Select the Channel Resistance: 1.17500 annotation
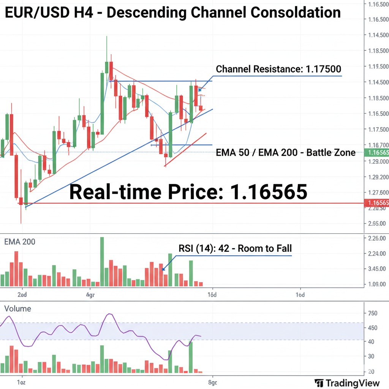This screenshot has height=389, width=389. point(278,69)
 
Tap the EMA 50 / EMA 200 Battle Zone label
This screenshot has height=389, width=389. point(285,153)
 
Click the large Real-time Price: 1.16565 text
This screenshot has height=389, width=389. point(188,191)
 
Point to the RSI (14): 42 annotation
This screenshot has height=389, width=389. point(235,248)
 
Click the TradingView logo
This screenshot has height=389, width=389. point(347,383)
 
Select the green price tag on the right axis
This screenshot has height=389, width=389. point(376,153)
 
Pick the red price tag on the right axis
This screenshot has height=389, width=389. point(376,203)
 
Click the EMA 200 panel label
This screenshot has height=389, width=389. point(19,241)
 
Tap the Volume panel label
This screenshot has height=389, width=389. point(17,308)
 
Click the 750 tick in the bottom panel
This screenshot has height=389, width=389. point(373,313)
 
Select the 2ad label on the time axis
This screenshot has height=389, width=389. point(22,294)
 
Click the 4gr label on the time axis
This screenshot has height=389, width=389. point(90,294)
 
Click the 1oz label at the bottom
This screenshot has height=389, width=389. point(21,382)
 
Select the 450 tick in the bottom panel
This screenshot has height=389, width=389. point(373,327)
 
